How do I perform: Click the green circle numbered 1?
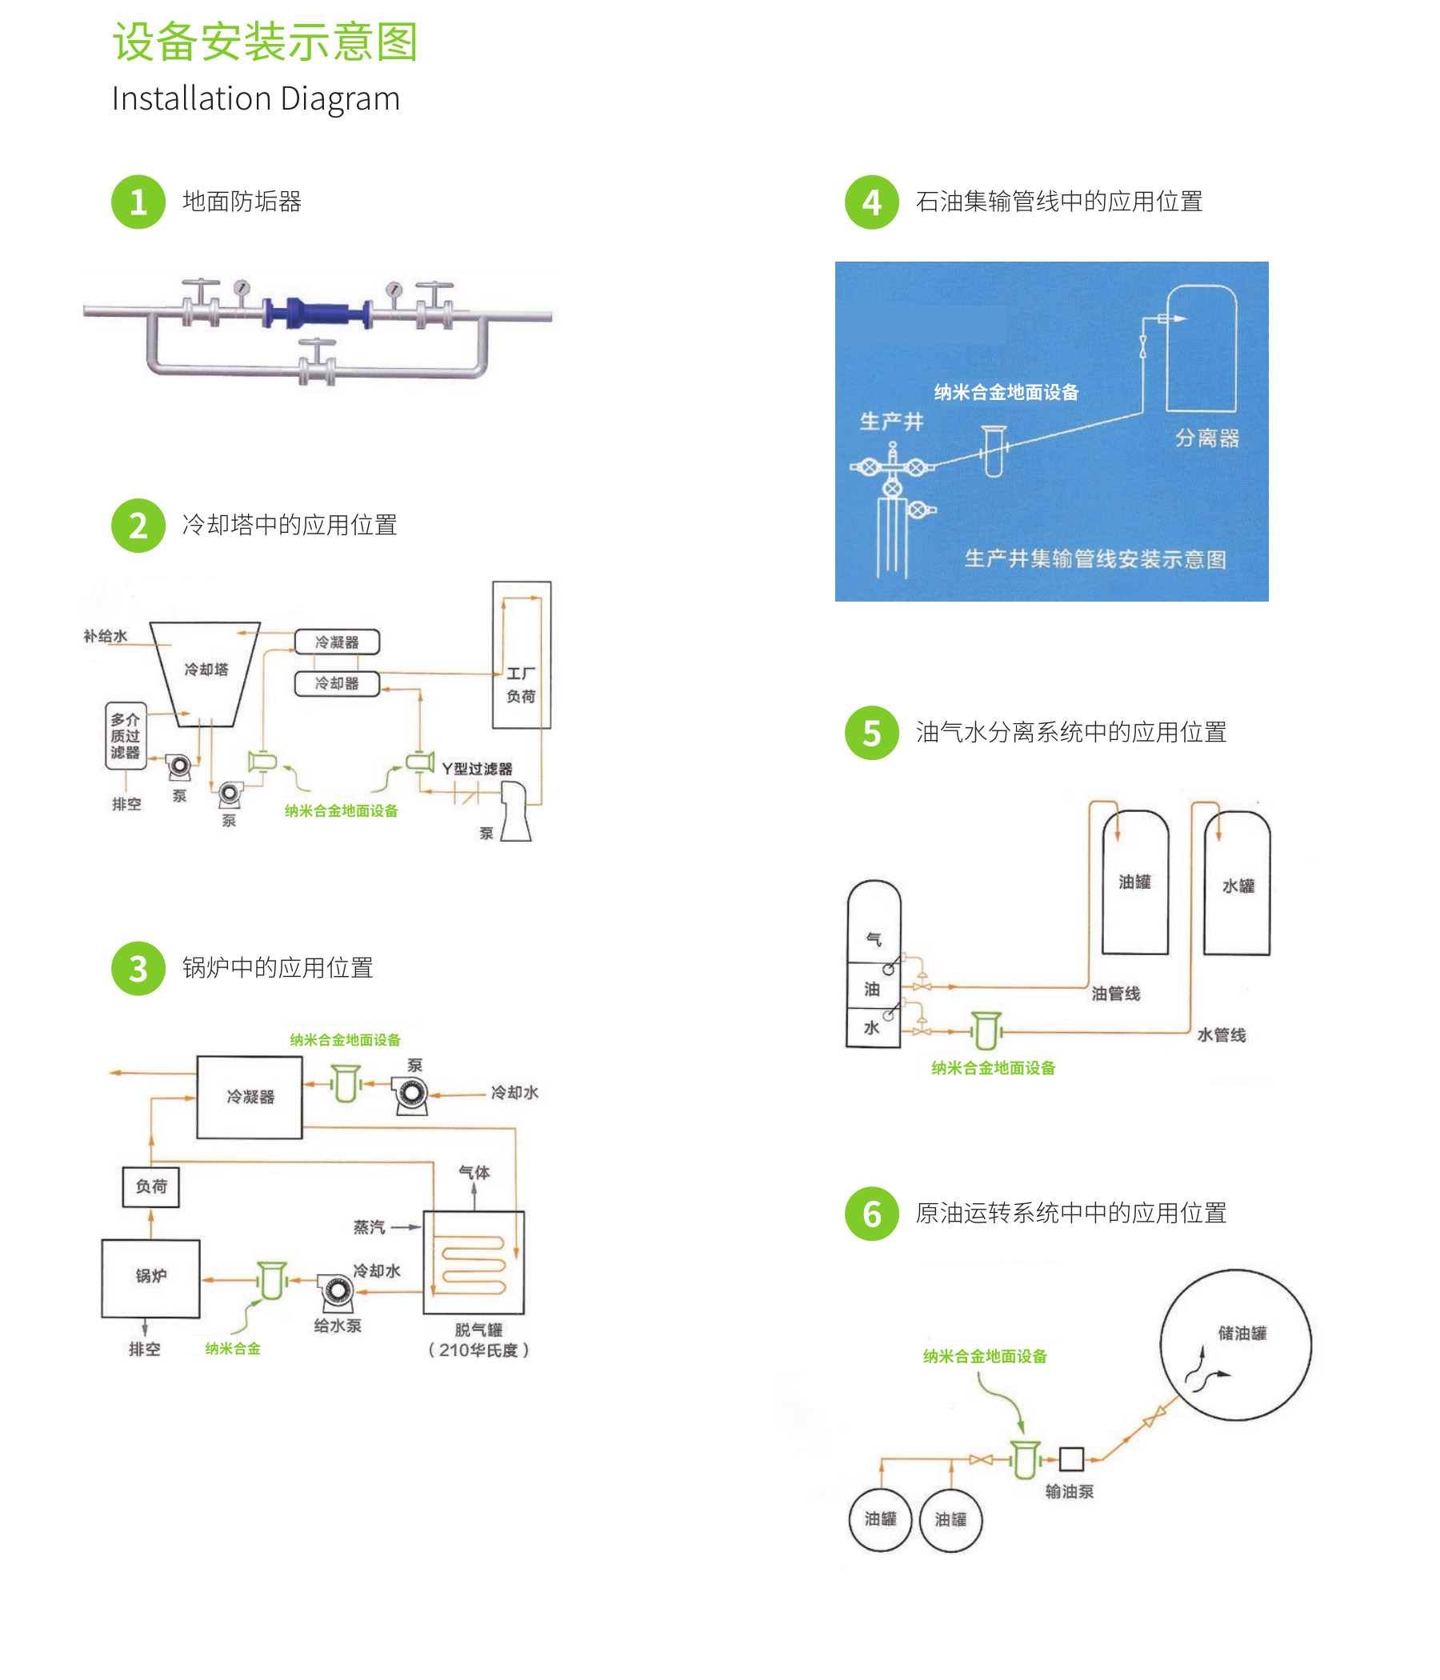[x=138, y=202]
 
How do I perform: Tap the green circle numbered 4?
[x=871, y=202]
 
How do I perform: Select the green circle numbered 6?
[x=871, y=1213]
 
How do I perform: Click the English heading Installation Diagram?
[x=255, y=98]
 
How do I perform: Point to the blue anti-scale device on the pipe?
[x=317, y=314]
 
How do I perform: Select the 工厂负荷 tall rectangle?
[x=522, y=655]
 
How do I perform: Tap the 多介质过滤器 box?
[x=126, y=735]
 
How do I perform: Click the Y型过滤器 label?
[x=477, y=768]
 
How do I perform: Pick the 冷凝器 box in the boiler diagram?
[x=250, y=1097]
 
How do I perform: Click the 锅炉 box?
[x=151, y=1278]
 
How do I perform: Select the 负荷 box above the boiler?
[x=151, y=1186]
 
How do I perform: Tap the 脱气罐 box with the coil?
[x=474, y=1262]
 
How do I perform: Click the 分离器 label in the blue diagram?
[x=1206, y=438]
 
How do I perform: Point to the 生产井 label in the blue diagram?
[x=891, y=422]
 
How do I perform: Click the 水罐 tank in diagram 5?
[x=1237, y=884]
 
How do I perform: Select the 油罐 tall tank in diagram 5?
[x=1134, y=882]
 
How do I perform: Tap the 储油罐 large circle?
[x=1235, y=1344]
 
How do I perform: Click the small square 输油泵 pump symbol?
[x=1071, y=1458]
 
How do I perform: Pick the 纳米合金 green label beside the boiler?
[x=233, y=1348]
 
